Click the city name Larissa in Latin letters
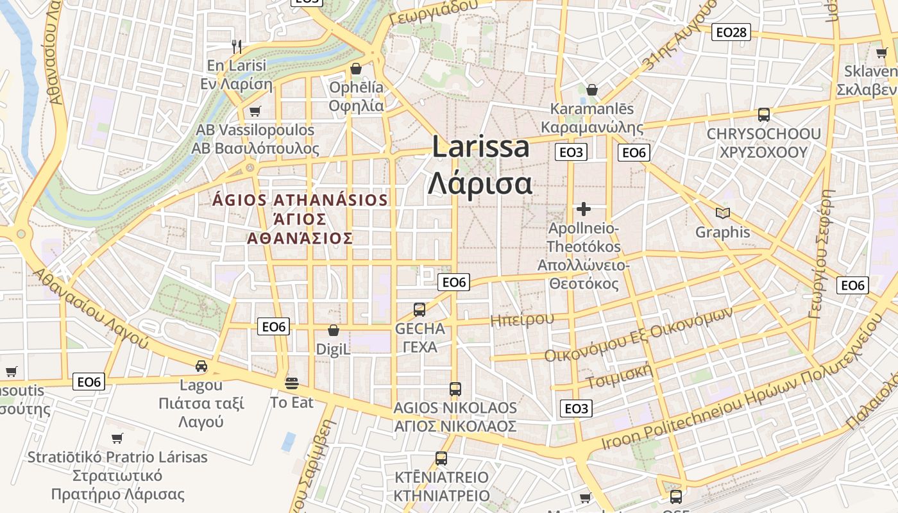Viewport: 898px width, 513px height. [481, 147]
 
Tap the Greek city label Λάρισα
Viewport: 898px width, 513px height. [480, 183]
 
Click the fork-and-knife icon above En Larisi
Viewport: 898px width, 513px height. [237, 46]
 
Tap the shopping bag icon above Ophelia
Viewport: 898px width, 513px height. [356, 68]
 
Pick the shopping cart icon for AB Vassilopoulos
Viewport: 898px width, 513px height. [255, 111]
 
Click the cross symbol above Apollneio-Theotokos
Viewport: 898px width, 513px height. [583, 209]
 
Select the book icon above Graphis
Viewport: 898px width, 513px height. [723, 213]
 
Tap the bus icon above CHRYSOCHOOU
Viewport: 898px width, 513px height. [763, 115]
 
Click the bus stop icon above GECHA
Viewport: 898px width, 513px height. [419, 310]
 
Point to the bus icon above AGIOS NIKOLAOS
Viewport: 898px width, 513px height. [455, 389]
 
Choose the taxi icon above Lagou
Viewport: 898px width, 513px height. [201, 366]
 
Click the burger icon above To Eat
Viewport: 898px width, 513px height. [292, 383]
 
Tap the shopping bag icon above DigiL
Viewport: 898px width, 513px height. [333, 330]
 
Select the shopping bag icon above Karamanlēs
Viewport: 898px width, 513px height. [591, 90]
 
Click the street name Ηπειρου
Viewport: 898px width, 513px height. [521, 319]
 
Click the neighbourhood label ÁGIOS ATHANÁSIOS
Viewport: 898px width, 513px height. [300, 200]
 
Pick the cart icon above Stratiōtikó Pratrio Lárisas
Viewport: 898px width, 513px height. [117, 439]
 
